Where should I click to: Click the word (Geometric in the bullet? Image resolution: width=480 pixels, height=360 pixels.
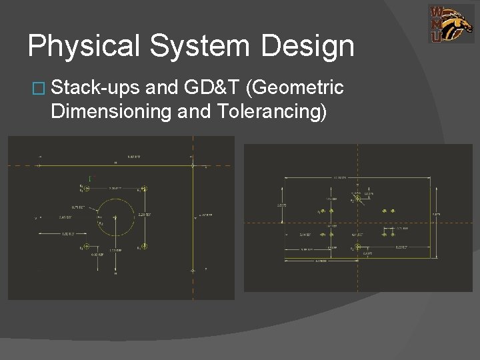(x=296, y=87)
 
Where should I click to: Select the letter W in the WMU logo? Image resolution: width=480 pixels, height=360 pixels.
(x=437, y=11)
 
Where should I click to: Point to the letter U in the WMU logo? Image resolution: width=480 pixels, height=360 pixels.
(x=436, y=37)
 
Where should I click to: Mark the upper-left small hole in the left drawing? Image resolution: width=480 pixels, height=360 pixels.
(x=85, y=189)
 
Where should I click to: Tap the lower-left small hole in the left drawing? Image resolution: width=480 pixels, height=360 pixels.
(x=85, y=248)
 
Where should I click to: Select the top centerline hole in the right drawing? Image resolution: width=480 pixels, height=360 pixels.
(x=358, y=198)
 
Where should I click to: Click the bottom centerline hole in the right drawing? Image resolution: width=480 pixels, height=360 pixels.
(x=358, y=247)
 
